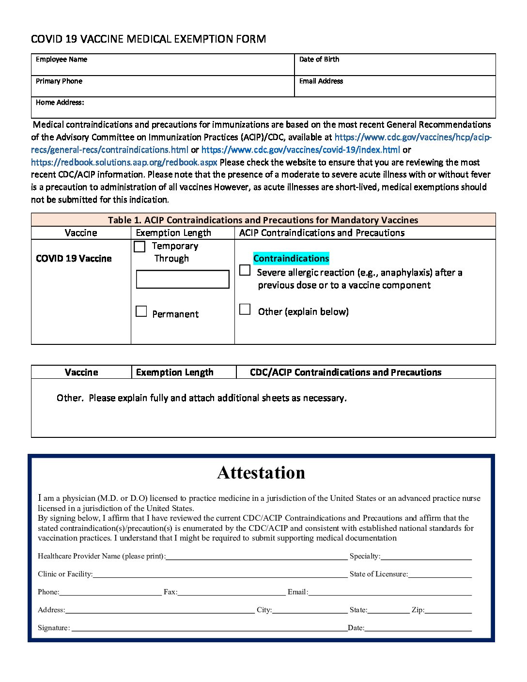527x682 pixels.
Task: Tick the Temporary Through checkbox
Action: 139,247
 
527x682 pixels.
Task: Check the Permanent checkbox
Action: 141,311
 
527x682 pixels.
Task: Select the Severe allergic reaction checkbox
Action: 245,270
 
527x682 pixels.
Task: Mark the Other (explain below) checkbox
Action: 245,309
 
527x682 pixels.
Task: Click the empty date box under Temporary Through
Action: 183,279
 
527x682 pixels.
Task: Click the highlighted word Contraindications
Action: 291,259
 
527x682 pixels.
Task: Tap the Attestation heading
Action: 261,473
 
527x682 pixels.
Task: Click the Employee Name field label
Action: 62,60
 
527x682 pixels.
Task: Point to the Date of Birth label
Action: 319,60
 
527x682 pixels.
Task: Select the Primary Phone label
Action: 59,81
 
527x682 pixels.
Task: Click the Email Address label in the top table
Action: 321,81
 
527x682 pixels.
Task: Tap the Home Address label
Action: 60,103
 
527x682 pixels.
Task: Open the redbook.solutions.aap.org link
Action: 124,162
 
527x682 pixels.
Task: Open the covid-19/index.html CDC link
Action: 300,150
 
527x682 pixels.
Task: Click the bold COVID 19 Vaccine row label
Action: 74,259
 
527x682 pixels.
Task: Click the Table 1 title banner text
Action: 263,220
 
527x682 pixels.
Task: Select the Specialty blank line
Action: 426,557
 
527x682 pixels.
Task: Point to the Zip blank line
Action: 448,610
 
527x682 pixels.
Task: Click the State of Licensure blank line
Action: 440,574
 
